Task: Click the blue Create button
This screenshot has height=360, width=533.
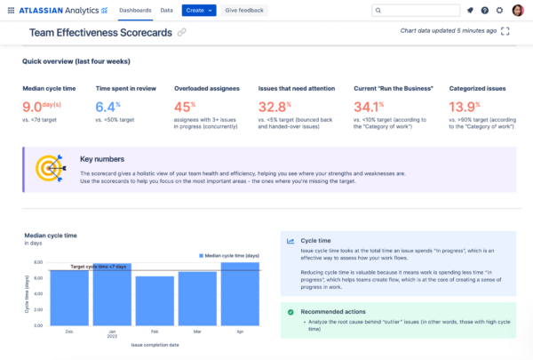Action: [198, 10]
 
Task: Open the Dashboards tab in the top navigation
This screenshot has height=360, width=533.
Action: [135, 10]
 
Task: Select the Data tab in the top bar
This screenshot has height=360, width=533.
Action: [166, 10]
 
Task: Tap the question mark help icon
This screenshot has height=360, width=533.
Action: [484, 10]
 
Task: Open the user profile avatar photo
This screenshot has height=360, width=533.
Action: [517, 10]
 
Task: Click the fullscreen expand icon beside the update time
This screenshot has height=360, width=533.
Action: [505, 30]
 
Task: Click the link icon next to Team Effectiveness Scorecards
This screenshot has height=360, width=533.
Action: [182, 32]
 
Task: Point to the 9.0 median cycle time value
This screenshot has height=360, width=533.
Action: [40, 107]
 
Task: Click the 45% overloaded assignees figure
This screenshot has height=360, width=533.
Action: [186, 107]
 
